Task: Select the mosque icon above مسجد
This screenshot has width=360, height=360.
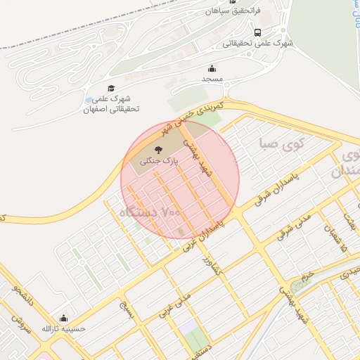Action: coord(212,68)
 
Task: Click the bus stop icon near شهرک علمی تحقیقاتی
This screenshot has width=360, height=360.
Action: coord(259,32)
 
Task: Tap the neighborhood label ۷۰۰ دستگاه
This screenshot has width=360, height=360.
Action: coord(151,211)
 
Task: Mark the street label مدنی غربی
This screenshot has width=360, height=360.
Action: coord(174,307)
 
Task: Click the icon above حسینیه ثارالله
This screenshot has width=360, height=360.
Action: coord(64,318)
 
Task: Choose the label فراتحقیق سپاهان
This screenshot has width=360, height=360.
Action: coord(233,11)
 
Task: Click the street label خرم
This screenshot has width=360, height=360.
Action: coord(304,275)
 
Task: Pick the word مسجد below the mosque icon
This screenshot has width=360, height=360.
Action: coord(212,79)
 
